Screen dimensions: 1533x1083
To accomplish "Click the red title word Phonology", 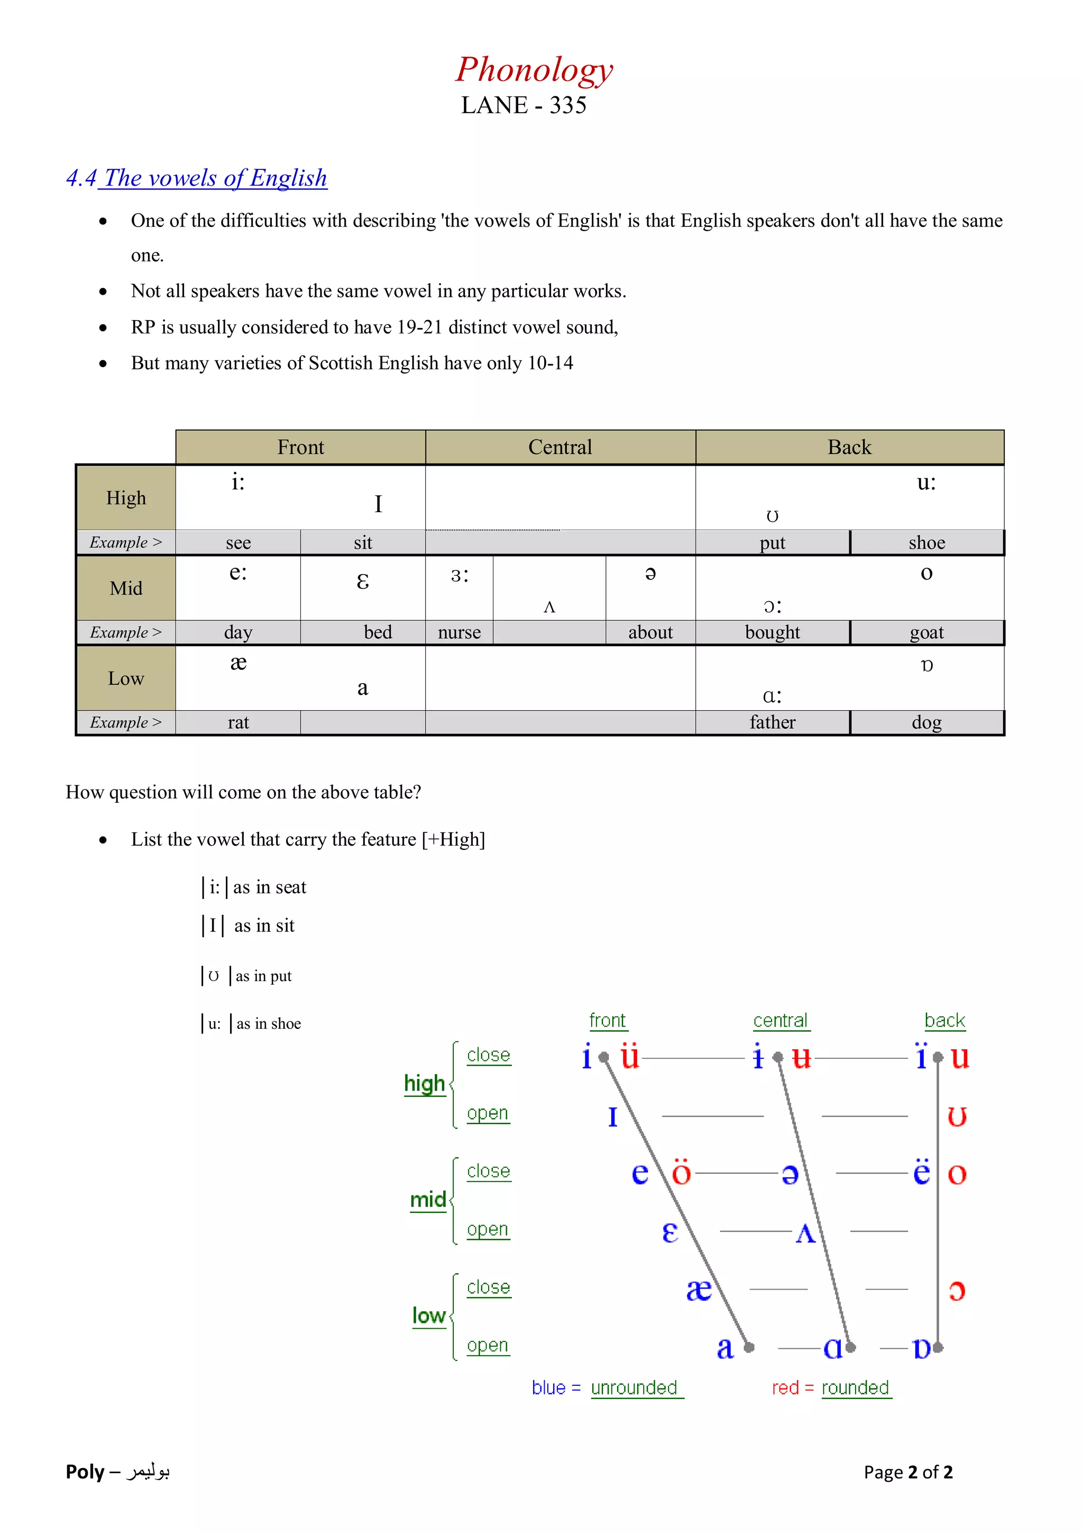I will (534, 70).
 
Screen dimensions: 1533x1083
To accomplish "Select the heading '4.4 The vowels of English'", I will (197, 178).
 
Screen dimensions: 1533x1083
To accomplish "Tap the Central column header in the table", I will (560, 447).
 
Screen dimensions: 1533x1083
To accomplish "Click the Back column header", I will (849, 447).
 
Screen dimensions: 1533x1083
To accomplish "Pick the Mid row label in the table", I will (126, 588).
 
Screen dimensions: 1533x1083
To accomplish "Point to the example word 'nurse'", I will (459, 632).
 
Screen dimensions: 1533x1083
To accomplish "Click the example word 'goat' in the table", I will (926, 632).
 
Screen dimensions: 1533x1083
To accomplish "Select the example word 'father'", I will (772, 722).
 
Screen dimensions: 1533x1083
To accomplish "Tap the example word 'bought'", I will (772, 632).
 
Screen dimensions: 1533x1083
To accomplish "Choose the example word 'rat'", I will (238, 722).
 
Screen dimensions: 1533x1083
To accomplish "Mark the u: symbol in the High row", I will (926, 482).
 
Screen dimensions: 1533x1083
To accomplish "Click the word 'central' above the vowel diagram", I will (780, 1021).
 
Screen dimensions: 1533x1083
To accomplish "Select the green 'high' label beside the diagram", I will (425, 1083).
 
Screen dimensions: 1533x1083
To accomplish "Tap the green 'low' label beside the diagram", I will (428, 1316).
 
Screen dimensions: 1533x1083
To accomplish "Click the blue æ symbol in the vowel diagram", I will (699, 1290).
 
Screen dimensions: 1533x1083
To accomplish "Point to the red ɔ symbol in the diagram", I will (957, 1290).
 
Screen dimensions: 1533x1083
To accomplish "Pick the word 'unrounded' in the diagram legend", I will (634, 1387).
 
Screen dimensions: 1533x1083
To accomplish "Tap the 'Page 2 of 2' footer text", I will (907, 1472).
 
